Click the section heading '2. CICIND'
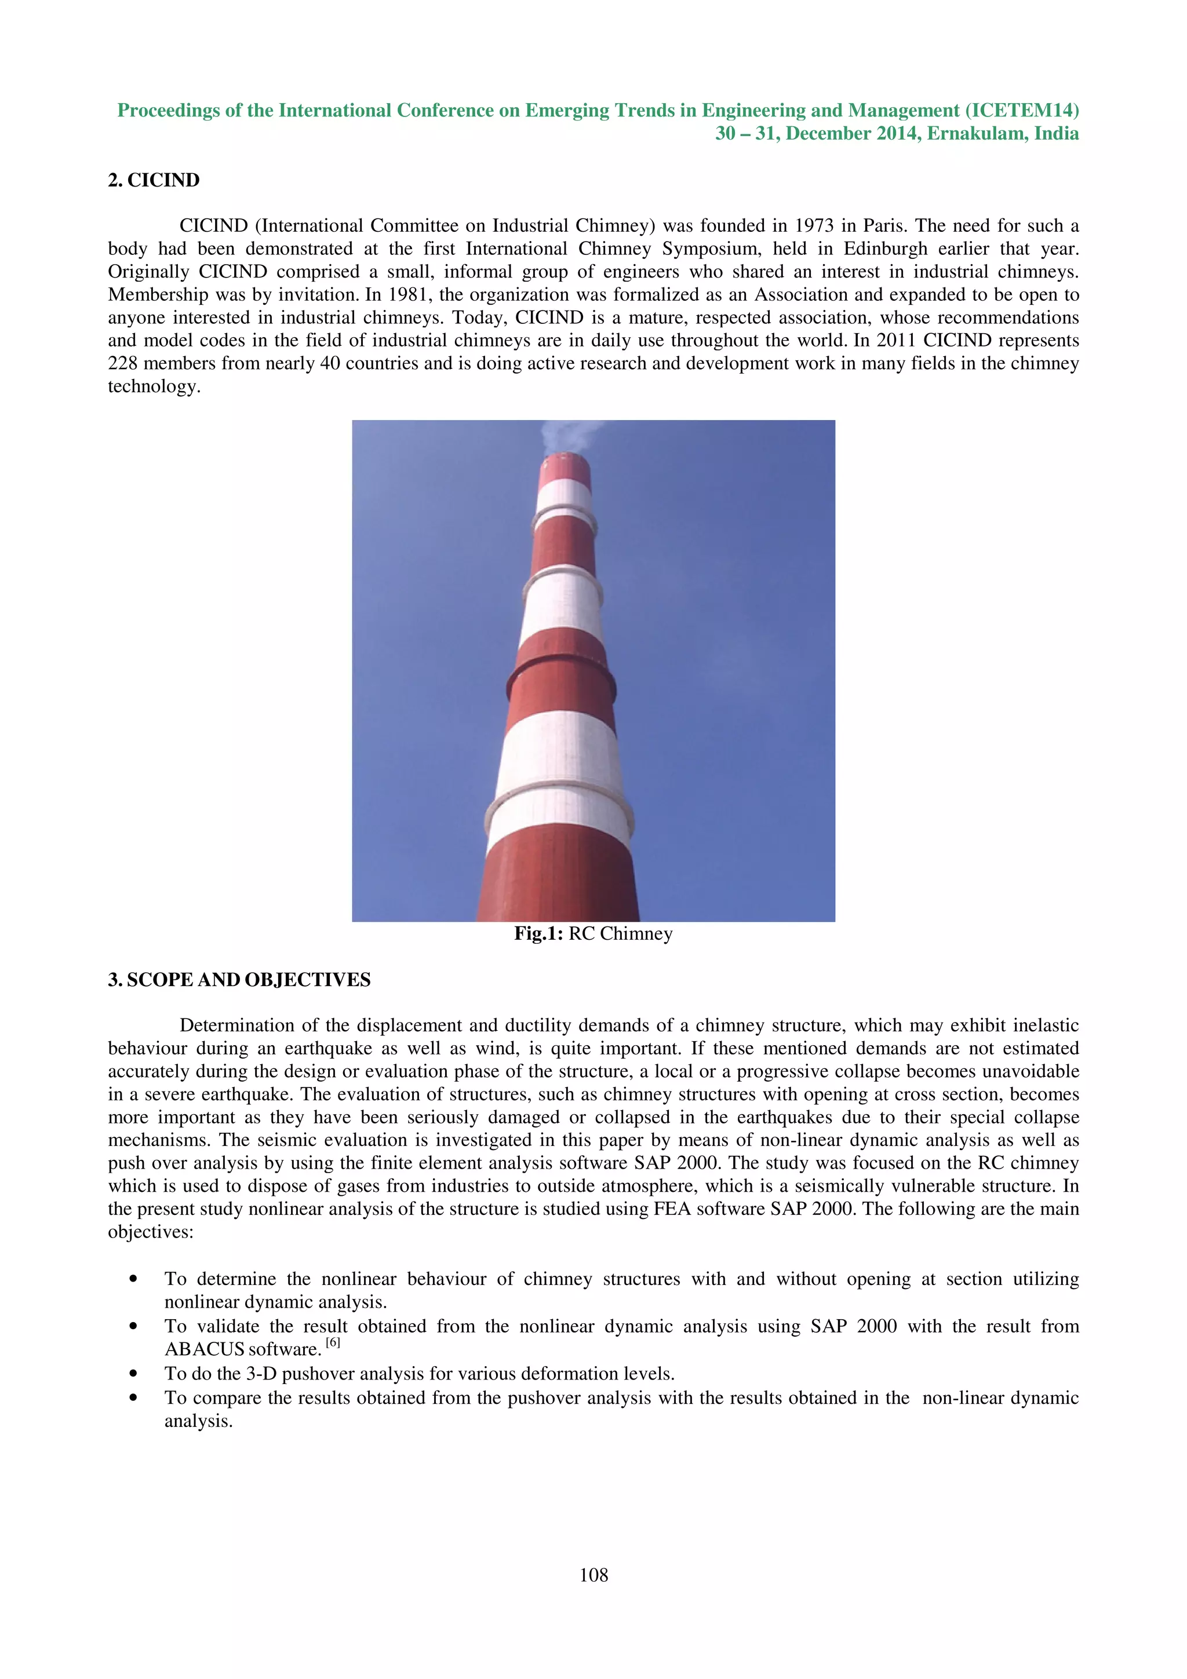pyautogui.click(x=154, y=181)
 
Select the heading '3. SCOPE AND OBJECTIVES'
pyautogui.click(x=239, y=980)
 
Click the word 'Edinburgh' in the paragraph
pyautogui.click(x=885, y=249)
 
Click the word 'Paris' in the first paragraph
pyautogui.click(x=884, y=226)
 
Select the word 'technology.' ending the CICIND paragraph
pyautogui.click(x=154, y=387)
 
